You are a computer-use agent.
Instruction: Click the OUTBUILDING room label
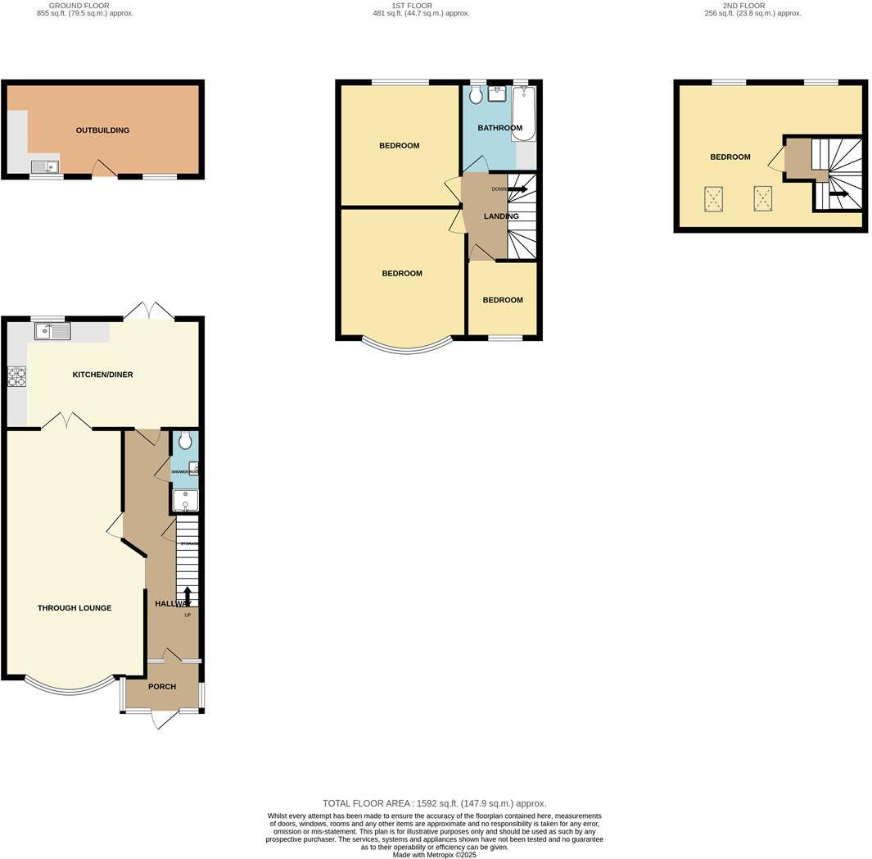pyautogui.click(x=102, y=130)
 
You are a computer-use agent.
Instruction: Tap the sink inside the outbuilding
pyautogui.click(x=45, y=167)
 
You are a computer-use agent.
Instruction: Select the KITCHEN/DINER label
pyautogui.click(x=102, y=375)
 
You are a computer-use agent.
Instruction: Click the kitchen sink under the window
pyautogui.click(x=52, y=331)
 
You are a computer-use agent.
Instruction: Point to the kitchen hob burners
pyautogui.click(x=16, y=376)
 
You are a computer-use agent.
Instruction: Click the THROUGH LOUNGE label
pyautogui.click(x=75, y=608)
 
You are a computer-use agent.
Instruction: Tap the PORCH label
pyautogui.click(x=162, y=687)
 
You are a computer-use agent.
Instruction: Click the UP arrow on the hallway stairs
pyautogui.click(x=188, y=596)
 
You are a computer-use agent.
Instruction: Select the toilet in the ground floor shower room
pyautogui.click(x=185, y=441)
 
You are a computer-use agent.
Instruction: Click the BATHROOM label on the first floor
pyautogui.click(x=499, y=128)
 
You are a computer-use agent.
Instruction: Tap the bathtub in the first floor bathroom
pyautogui.click(x=524, y=115)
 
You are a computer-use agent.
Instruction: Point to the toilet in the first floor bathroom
pyautogui.click(x=477, y=95)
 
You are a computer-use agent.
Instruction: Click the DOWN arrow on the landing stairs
pyautogui.click(x=517, y=189)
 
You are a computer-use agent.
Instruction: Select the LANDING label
pyautogui.click(x=500, y=216)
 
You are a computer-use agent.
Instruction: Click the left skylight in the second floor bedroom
pyautogui.click(x=714, y=198)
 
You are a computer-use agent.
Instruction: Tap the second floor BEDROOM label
pyautogui.click(x=730, y=157)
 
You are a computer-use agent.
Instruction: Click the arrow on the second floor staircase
pyautogui.click(x=838, y=194)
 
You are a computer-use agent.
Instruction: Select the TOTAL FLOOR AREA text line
pyautogui.click(x=434, y=804)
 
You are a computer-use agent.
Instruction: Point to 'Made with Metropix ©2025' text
pyautogui.click(x=434, y=855)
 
